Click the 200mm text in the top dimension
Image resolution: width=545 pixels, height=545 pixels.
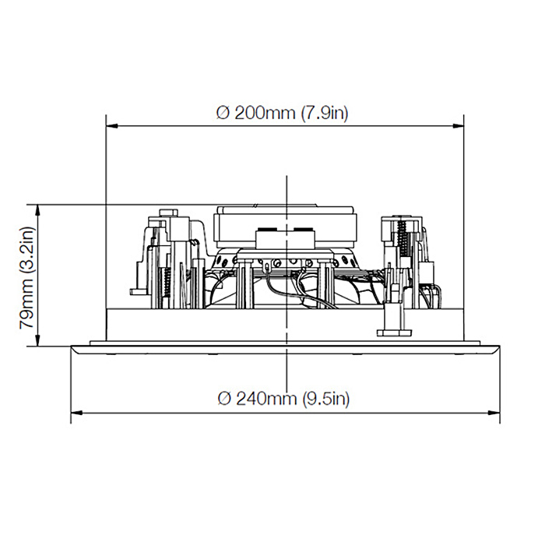(265, 113)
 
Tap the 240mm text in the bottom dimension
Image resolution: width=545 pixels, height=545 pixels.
(267, 399)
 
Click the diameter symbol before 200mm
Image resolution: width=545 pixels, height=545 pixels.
(223, 114)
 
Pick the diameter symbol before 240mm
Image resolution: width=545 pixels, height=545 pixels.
(224, 399)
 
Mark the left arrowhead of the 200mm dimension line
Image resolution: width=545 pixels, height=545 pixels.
(112, 125)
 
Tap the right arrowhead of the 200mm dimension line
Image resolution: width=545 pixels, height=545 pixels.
(458, 125)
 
